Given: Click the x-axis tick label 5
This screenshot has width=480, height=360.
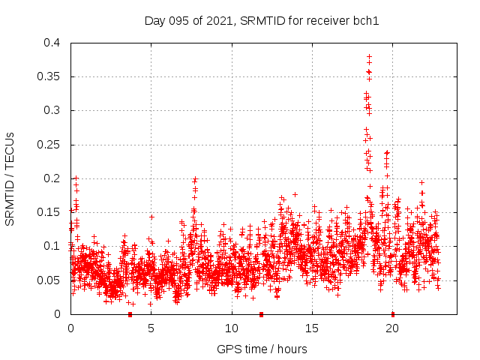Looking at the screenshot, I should click(x=151, y=328).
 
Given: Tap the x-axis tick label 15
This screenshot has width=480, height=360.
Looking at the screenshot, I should click(x=312, y=328).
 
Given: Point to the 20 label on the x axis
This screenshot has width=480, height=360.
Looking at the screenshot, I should click(x=392, y=328).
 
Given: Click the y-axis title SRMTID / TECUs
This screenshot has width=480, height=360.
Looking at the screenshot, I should click(x=10, y=178).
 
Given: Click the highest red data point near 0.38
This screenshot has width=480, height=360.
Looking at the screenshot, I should click(x=369, y=56).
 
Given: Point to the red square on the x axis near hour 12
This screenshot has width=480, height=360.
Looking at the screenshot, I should click(x=261, y=314).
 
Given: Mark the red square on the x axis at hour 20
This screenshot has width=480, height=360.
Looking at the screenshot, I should click(x=392, y=314).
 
